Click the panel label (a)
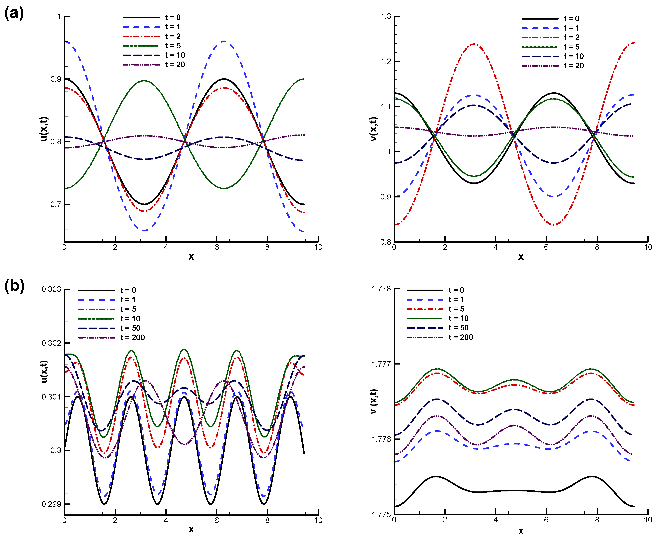pos(14,13)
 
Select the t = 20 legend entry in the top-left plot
pos(175,65)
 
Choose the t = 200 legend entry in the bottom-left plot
pos(132,338)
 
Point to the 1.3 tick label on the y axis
pos(385,16)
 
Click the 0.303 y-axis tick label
pos(51,290)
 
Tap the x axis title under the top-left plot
pos(191,257)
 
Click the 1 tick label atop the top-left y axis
pos(59,16)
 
